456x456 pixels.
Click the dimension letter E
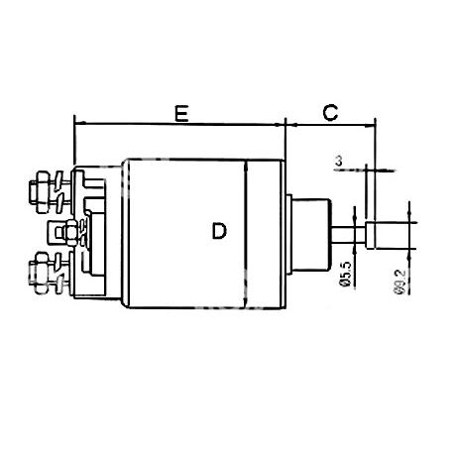pyautogui.click(x=181, y=114)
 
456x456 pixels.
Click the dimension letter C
pyautogui.click(x=330, y=112)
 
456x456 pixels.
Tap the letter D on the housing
pyautogui.click(x=219, y=231)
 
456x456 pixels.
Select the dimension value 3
pyautogui.click(x=338, y=162)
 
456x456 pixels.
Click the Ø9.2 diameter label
pyautogui.click(x=399, y=282)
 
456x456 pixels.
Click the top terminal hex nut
pyautogui.click(x=42, y=192)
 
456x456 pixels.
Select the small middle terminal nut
pyautogui.click(x=70, y=233)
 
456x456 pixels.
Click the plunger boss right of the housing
pyautogui.click(x=311, y=234)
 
